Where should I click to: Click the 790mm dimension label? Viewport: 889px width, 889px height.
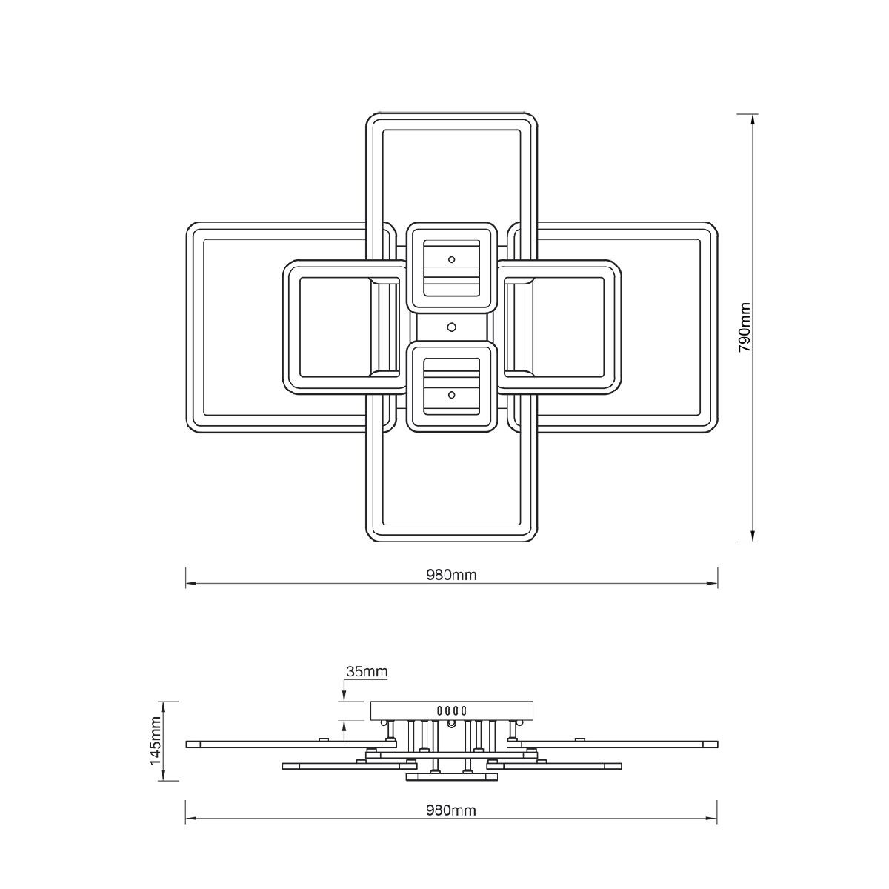point(744,327)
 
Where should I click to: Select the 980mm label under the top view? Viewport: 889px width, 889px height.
point(450,575)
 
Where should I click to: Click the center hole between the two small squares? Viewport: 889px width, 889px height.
point(452,327)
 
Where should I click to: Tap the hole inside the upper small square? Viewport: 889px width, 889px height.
point(452,259)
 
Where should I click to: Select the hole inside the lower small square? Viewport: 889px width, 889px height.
point(452,395)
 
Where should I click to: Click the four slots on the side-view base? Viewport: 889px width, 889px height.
point(452,710)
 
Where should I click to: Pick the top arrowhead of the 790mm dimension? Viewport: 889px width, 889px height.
point(753,119)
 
